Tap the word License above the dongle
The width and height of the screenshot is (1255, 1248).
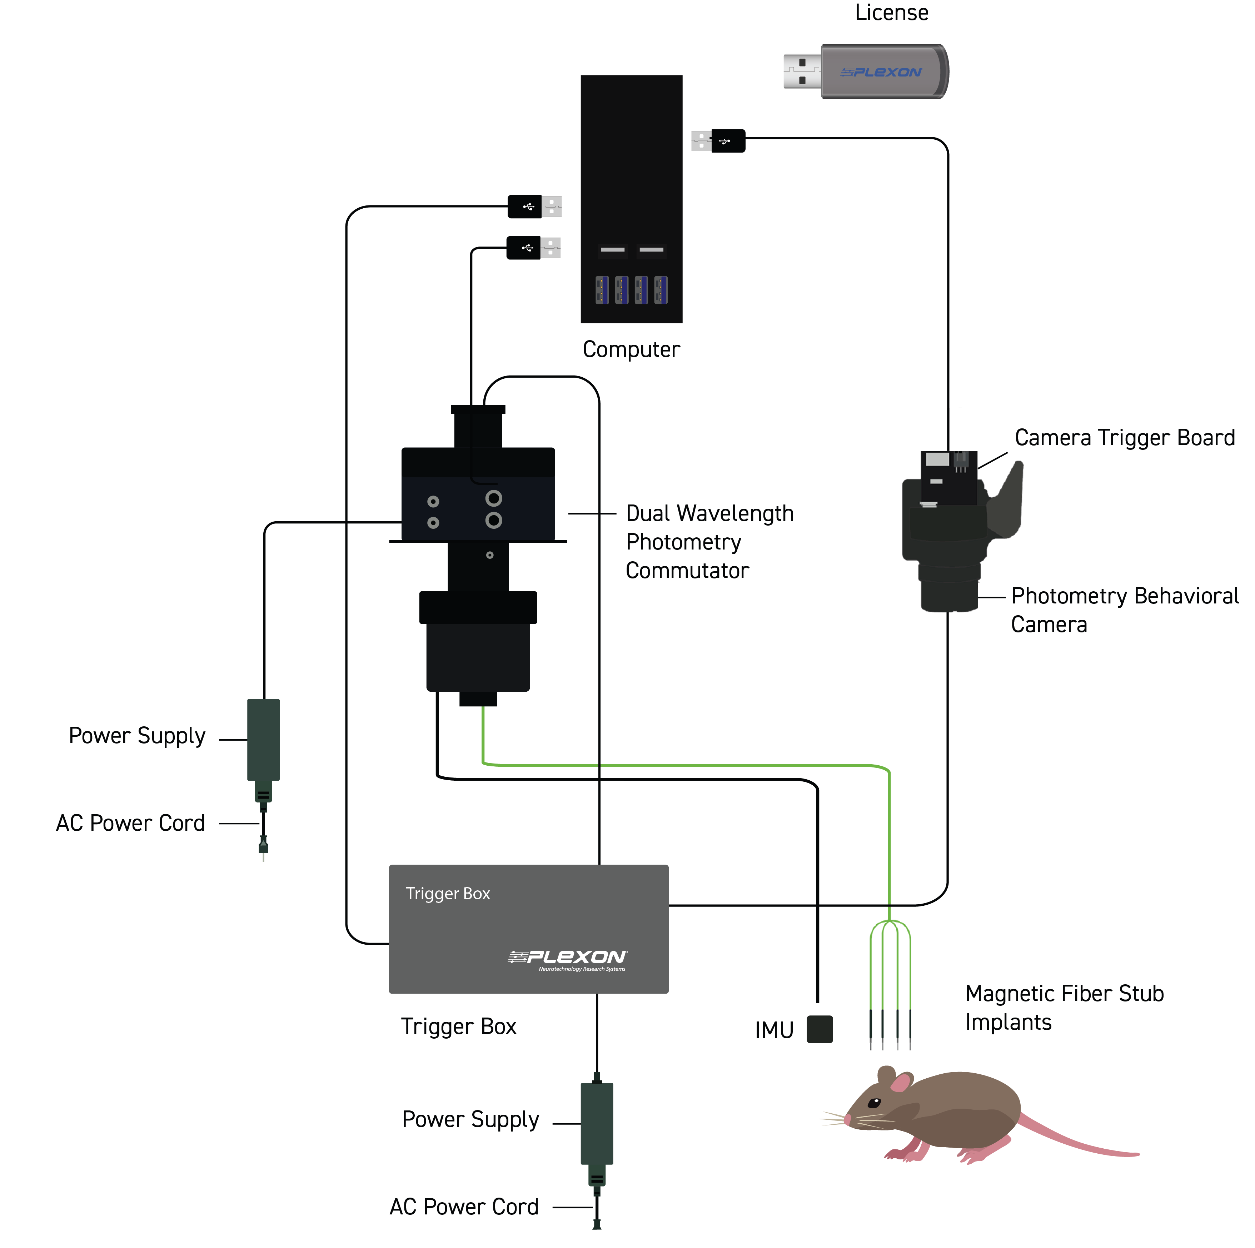tap(891, 13)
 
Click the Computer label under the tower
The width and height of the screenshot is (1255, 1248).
tap(631, 349)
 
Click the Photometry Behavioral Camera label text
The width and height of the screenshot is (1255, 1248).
tap(1124, 610)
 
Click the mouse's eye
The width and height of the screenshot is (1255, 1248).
tap(874, 1103)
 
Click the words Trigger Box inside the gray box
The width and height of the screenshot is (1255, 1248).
tap(448, 894)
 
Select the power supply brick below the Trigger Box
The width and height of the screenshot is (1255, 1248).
tap(596, 1124)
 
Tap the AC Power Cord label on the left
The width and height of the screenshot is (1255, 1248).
tap(130, 823)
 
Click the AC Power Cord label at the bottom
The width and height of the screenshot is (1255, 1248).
tap(464, 1207)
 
